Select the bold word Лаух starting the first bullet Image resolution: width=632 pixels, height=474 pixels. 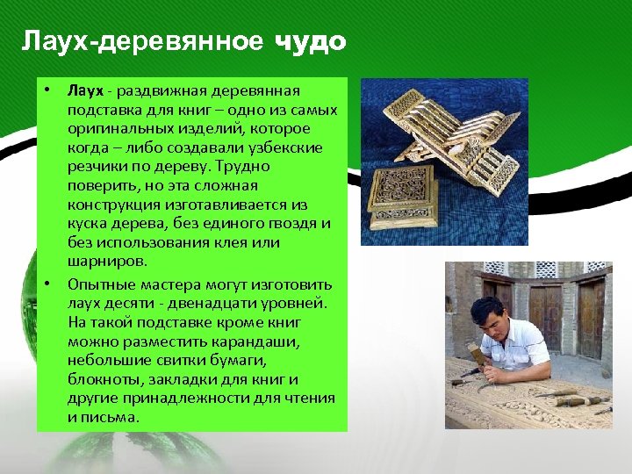[85, 90]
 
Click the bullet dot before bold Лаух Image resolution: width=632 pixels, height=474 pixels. [43, 90]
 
